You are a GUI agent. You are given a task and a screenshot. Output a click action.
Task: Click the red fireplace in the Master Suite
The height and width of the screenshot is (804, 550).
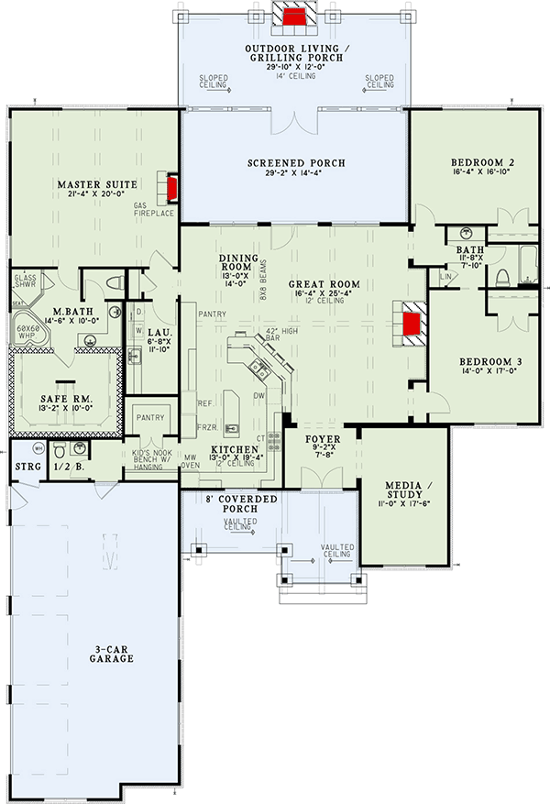[x=171, y=188]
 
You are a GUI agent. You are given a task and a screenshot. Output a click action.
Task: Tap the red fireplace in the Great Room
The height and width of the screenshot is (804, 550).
[x=412, y=324]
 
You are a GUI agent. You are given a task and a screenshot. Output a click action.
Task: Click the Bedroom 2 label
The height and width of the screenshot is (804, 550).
[x=483, y=162]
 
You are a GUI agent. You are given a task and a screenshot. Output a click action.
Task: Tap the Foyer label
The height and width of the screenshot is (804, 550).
[x=322, y=439]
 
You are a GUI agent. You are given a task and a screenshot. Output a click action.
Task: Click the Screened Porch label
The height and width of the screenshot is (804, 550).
[x=296, y=163]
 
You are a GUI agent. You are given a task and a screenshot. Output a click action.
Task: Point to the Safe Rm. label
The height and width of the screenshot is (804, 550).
[x=63, y=399]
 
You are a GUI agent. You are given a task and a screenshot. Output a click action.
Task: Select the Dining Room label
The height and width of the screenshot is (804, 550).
[x=237, y=259]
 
